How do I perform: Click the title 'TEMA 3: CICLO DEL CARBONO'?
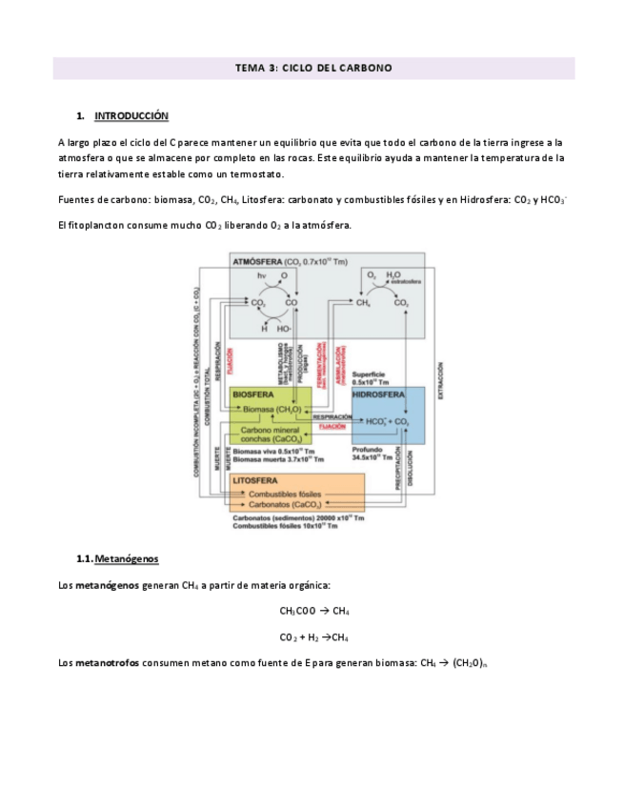(x=313, y=69)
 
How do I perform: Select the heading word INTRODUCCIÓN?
(x=131, y=116)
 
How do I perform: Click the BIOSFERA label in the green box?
(x=253, y=394)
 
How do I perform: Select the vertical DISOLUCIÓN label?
(x=410, y=469)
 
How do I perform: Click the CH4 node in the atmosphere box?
(x=363, y=303)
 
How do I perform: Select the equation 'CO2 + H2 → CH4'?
(x=313, y=636)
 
